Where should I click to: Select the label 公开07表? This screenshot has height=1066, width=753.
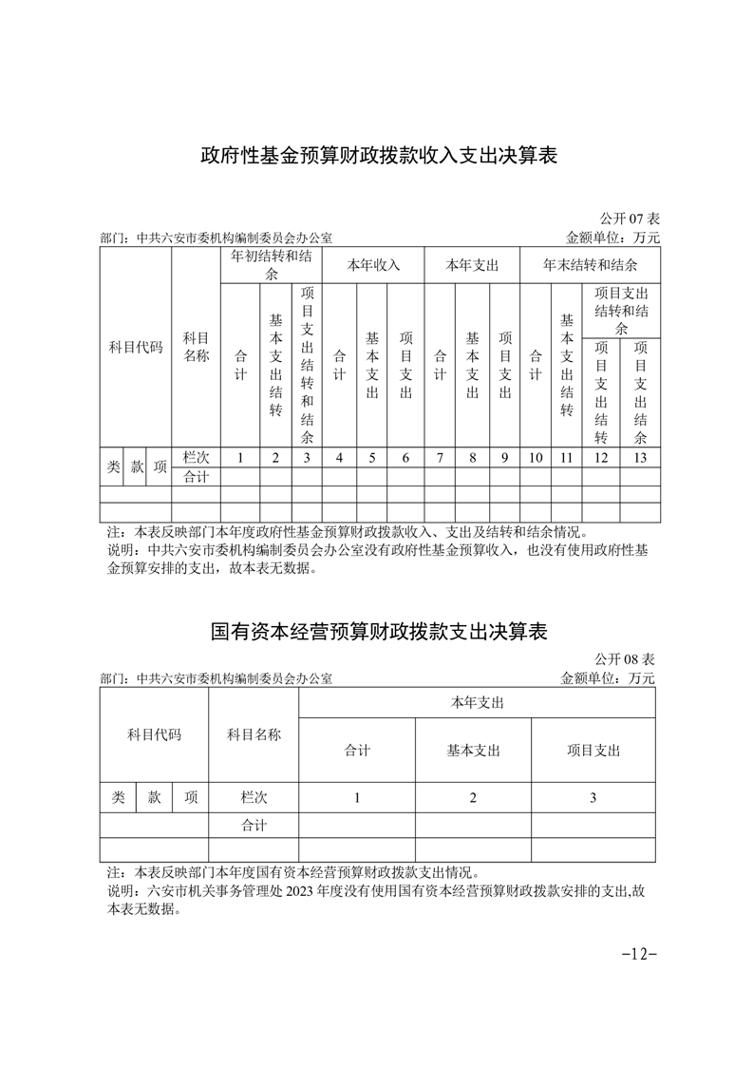[630, 220]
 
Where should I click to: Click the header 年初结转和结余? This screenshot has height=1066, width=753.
[272, 265]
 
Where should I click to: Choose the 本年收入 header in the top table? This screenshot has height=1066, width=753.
[373, 265]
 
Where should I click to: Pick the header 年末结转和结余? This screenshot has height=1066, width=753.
[590, 265]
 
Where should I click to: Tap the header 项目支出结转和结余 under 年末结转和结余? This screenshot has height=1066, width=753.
[621, 310]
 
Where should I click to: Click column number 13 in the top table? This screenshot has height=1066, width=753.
[640, 458]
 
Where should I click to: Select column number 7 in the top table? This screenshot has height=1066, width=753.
[440, 458]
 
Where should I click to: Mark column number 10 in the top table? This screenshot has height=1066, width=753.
[536, 458]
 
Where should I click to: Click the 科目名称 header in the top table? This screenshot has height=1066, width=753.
[196, 347]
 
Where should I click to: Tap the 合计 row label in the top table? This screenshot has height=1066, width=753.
[196, 477]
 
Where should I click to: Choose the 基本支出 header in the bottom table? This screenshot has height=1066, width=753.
[473, 750]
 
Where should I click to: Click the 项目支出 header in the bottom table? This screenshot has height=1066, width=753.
[593, 750]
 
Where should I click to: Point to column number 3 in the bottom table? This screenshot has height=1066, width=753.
[593, 798]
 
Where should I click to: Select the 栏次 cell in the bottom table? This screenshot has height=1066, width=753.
[254, 798]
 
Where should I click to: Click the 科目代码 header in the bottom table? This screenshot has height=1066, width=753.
[154, 734]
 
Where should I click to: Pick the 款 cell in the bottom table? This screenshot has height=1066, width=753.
[154, 798]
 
